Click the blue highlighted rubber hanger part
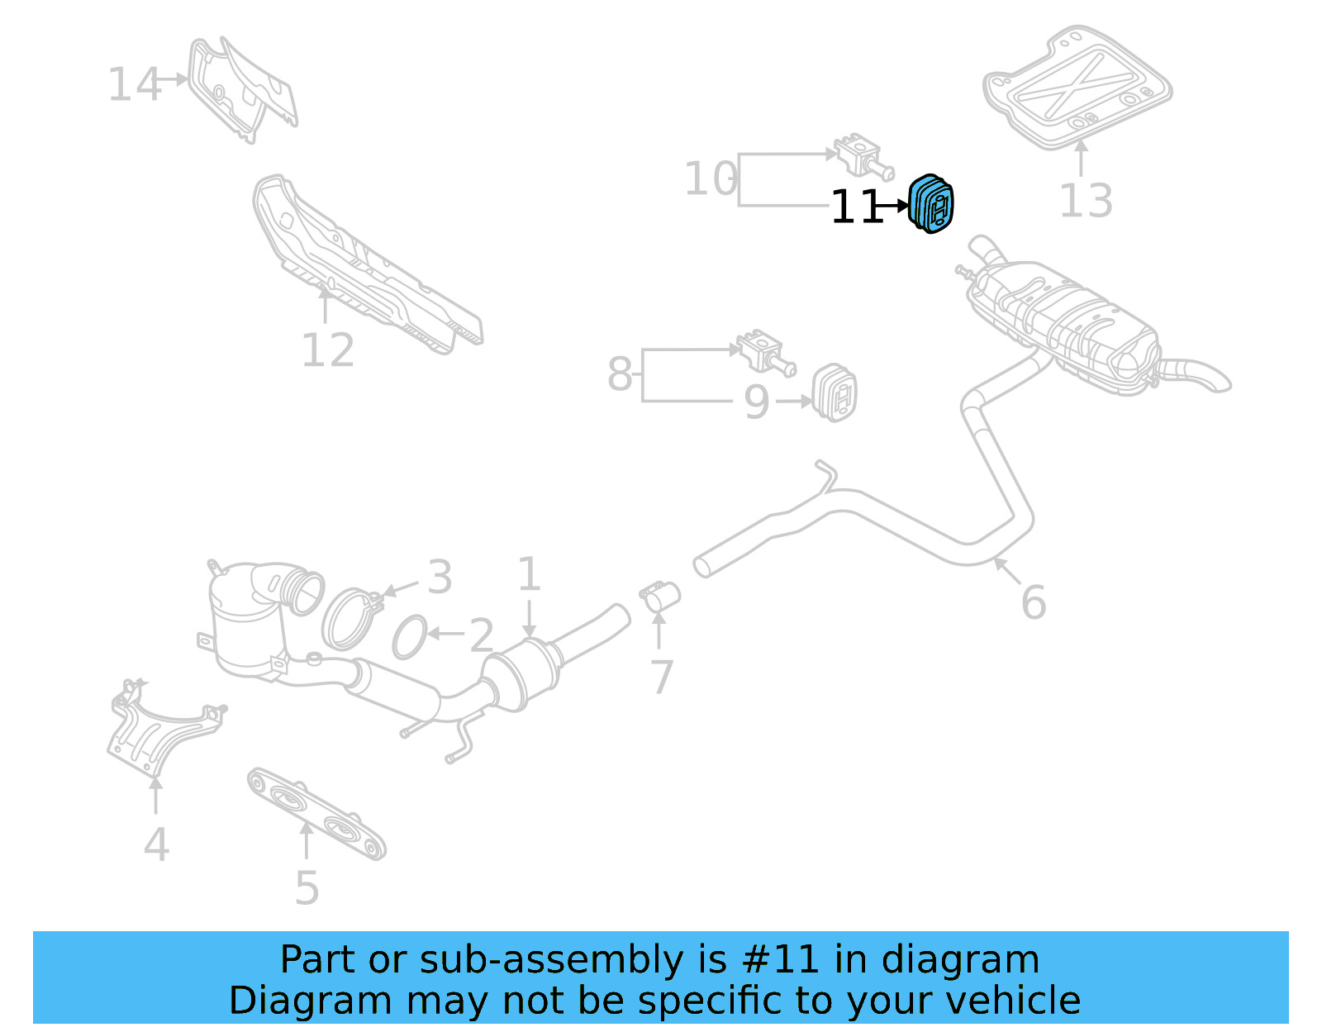pyautogui.click(x=931, y=204)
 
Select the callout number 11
pyautogui.click(x=857, y=207)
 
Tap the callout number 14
pyautogui.click(x=134, y=84)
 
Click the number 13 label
pyautogui.click(x=1086, y=201)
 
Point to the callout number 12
pyautogui.click(x=327, y=350)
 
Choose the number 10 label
pyautogui.click(x=711, y=178)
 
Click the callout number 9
pyautogui.click(x=756, y=402)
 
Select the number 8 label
pyautogui.click(x=620, y=374)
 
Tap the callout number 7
pyautogui.click(x=661, y=678)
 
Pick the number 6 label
pyautogui.click(x=1033, y=602)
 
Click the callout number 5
pyautogui.click(x=307, y=888)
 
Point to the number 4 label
pyautogui.click(x=156, y=845)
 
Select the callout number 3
pyautogui.click(x=440, y=577)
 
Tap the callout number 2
pyautogui.click(x=481, y=635)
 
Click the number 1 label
pyautogui.click(x=529, y=574)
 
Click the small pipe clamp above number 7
pyautogui.click(x=660, y=596)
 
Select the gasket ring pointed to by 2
pyautogui.click(x=410, y=637)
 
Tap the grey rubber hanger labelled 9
pyautogui.click(x=835, y=392)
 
